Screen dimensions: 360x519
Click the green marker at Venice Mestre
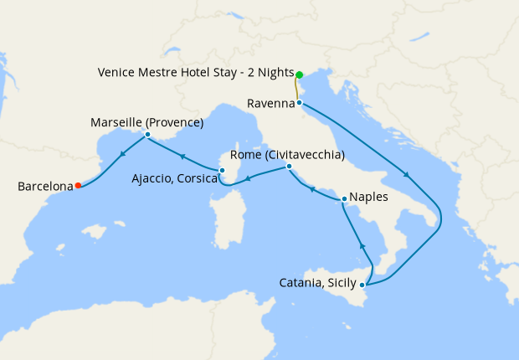tap(299, 74)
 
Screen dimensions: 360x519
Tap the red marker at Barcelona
tap(78, 186)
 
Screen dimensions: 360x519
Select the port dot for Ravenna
tap(300, 103)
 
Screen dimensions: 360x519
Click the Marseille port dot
tap(147, 135)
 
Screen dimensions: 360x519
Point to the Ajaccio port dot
tap(222, 171)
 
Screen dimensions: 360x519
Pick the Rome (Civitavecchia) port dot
tap(289, 167)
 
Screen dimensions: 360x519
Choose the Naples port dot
tap(344, 199)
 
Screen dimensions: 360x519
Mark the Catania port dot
tap(362, 285)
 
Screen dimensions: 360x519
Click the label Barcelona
tap(44, 186)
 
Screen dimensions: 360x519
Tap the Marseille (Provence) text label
tap(147, 122)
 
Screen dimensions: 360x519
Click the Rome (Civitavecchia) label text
tap(289, 155)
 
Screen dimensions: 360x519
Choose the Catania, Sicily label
tap(317, 283)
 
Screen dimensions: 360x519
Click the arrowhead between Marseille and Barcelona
tap(122, 154)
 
